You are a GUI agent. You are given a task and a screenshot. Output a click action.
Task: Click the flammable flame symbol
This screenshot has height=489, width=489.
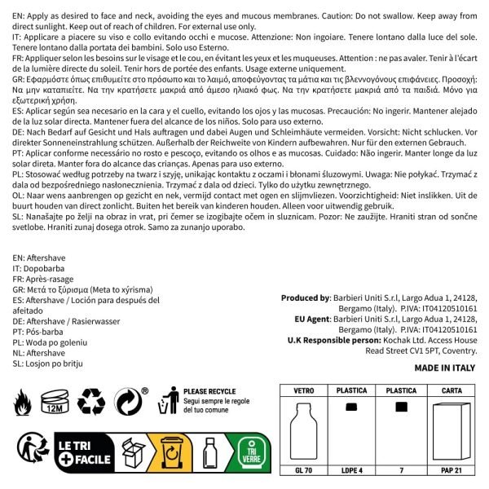tap(24, 401)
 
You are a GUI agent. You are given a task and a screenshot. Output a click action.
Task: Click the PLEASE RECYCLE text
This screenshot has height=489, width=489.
tap(210, 391)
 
